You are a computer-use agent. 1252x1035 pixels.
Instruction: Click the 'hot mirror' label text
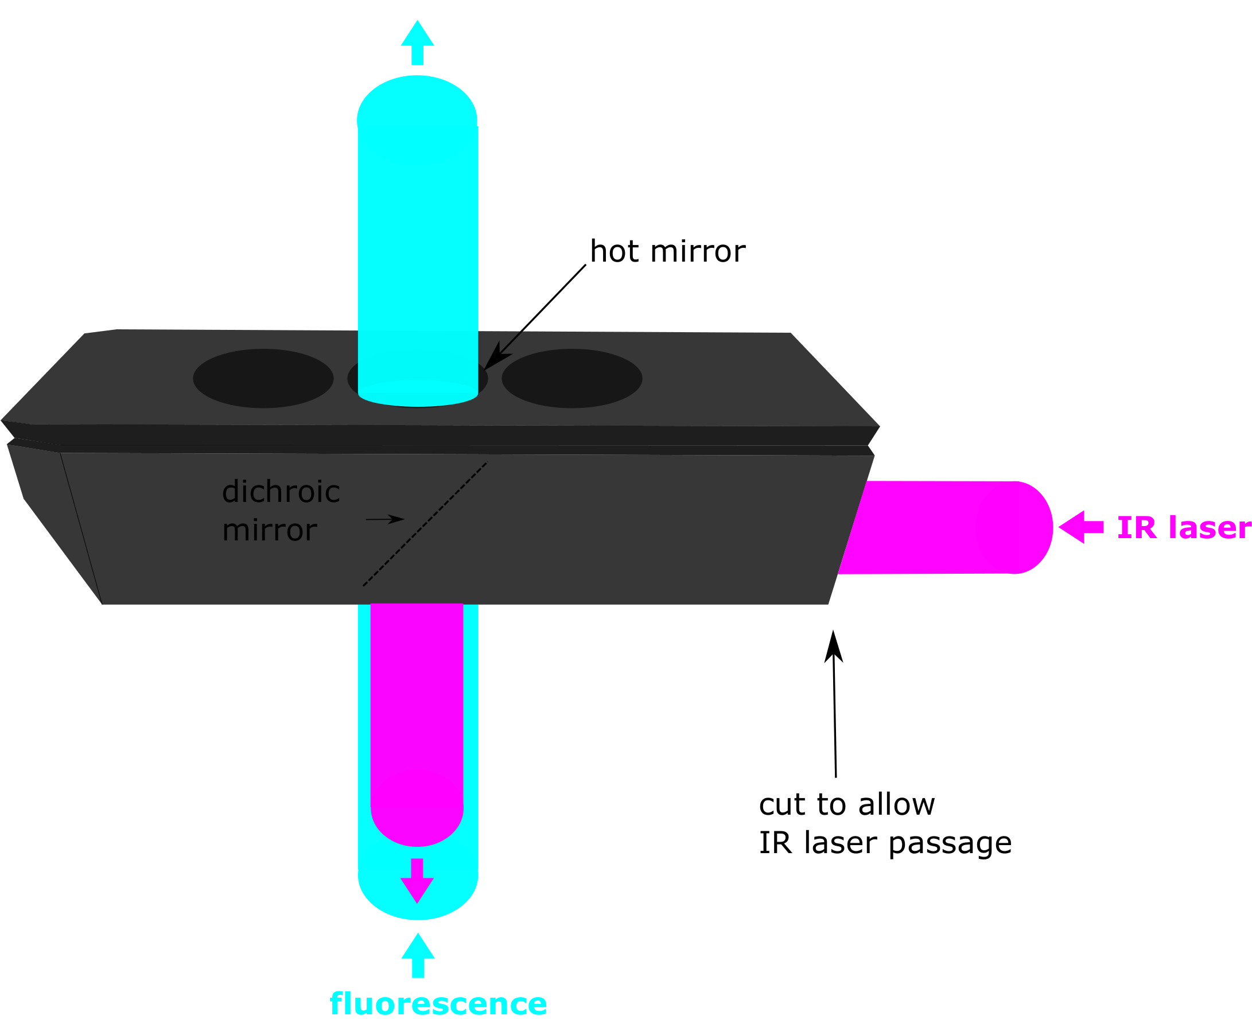(x=667, y=252)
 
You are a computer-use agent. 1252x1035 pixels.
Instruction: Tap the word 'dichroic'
(x=281, y=492)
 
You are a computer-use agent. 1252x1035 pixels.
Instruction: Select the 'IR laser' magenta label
(x=1184, y=528)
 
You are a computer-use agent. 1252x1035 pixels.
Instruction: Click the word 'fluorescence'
(x=438, y=1004)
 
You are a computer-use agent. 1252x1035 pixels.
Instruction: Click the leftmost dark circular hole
(x=263, y=378)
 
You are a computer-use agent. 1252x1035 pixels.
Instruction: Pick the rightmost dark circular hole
(x=571, y=378)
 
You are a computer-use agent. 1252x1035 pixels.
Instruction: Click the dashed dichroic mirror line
(x=426, y=523)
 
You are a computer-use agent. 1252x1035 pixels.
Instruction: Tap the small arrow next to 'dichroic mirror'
(x=386, y=519)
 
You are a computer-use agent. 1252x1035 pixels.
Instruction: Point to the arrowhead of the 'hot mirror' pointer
(x=495, y=359)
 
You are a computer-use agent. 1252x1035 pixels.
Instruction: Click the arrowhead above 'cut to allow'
(x=834, y=648)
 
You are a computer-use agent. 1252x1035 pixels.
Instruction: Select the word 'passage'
(x=950, y=843)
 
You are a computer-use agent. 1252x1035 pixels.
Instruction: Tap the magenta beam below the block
(x=417, y=715)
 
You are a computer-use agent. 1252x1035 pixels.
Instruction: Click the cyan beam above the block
(x=417, y=227)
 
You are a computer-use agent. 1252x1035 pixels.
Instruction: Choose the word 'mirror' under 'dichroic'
(x=270, y=531)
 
